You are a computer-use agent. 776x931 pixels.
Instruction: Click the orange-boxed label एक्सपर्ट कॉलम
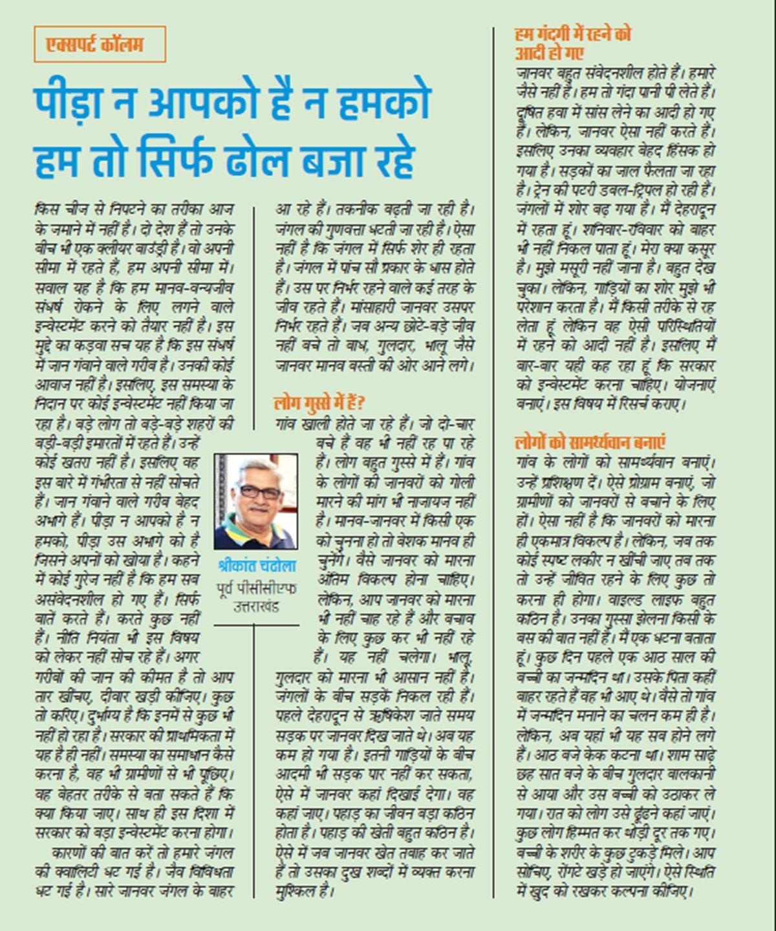(100, 45)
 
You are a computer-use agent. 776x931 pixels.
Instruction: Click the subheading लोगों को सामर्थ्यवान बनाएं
(591, 443)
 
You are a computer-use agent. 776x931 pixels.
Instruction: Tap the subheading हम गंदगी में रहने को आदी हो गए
(573, 43)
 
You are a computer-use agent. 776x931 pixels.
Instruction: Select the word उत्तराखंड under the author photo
(256, 606)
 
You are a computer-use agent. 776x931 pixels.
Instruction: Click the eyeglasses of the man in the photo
(258, 491)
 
